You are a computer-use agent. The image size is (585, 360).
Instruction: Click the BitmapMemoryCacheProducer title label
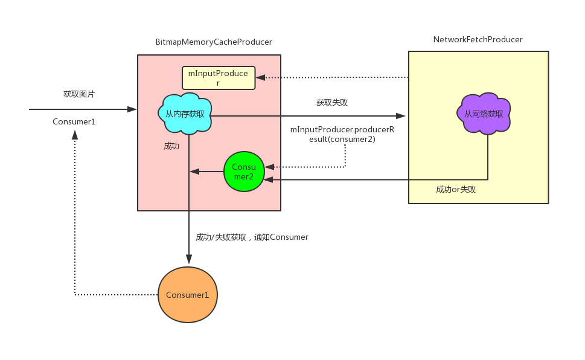tap(214, 42)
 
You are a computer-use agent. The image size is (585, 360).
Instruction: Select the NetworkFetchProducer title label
tap(478, 40)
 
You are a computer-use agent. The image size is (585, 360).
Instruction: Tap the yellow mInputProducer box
tap(219, 78)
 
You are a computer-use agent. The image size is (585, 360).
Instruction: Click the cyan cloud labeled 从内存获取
tap(185, 114)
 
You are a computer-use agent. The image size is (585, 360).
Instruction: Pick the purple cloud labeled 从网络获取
tap(484, 114)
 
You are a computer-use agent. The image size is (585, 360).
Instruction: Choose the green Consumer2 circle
tap(244, 172)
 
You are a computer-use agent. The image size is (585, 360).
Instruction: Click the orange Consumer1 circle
tap(188, 295)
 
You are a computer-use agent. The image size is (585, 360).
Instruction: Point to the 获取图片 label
tap(79, 94)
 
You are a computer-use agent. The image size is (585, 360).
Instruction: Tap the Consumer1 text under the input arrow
tap(74, 121)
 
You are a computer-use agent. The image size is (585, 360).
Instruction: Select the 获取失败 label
tap(332, 102)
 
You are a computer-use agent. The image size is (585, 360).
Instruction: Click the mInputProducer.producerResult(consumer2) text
tap(342, 135)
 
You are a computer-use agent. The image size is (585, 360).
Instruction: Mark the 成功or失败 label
tap(456, 189)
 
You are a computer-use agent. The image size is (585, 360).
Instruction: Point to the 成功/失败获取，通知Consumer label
tap(252, 237)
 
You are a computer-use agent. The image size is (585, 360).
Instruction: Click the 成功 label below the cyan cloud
tap(171, 146)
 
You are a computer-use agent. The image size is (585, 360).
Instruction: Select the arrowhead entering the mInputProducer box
tap(260, 78)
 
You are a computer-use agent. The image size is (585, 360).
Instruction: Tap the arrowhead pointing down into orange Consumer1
tap(189, 259)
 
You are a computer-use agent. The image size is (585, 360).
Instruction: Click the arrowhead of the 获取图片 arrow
tap(132, 109)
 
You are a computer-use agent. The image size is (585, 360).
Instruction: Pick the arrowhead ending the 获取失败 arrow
tap(401, 116)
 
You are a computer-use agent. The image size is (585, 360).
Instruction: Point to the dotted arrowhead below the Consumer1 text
tap(75, 135)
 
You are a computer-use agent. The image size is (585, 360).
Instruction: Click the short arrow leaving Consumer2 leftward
tap(206, 172)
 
